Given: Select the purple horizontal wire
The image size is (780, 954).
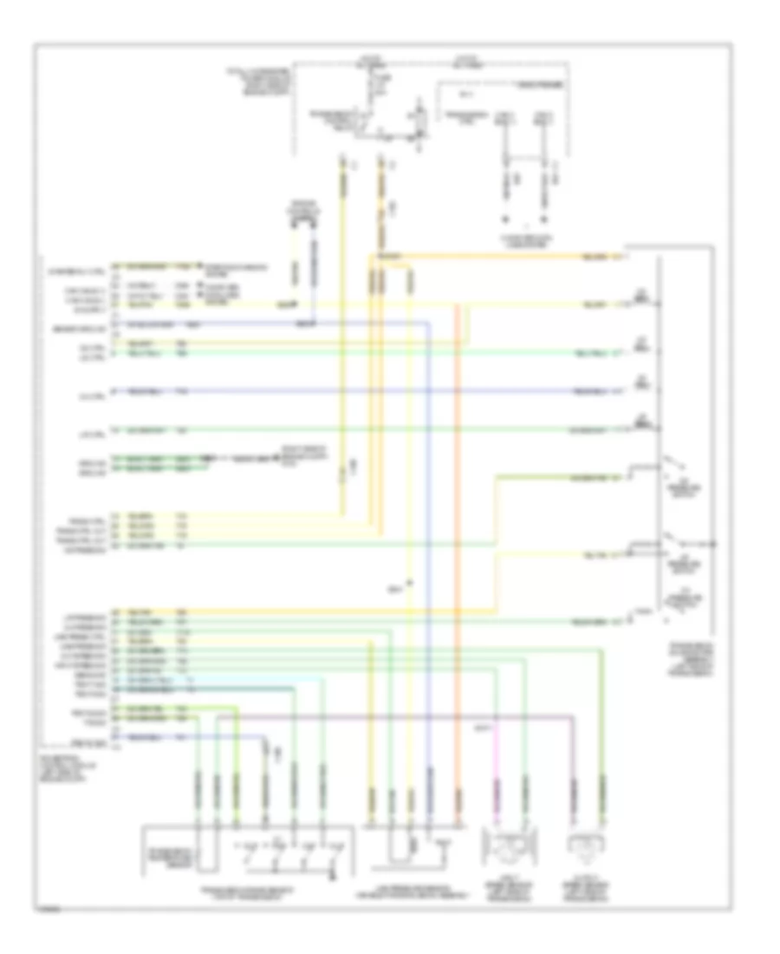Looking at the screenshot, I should (x=390, y=716).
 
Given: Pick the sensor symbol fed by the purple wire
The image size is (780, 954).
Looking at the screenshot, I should (x=587, y=845).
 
